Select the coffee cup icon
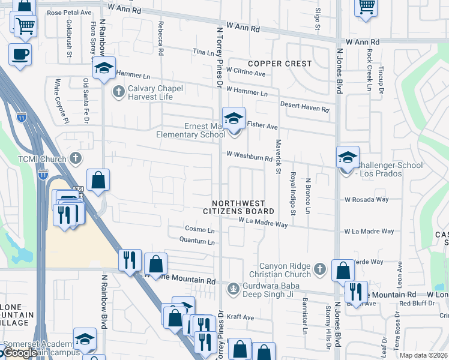20,55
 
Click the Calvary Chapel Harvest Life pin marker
118,91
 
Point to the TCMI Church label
35,158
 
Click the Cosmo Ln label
199,230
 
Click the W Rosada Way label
366,200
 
